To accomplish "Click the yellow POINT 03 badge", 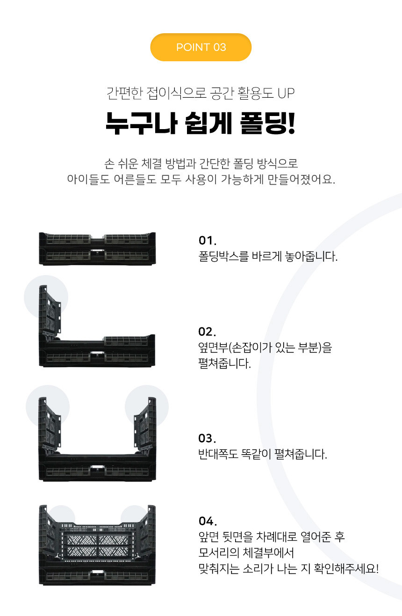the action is click(201, 47).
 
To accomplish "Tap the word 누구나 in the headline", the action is click(141, 123).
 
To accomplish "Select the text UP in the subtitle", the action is click(286, 93).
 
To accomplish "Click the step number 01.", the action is click(207, 240).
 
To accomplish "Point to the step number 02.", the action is click(207, 332).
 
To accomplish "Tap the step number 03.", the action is click(207, 438).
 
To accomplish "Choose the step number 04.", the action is click(208, 521).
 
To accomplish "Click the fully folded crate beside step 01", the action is click(97, 249).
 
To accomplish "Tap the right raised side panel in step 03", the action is click(145, 422).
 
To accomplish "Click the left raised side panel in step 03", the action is click(50, 422).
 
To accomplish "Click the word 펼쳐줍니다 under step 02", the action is click(224, 363).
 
